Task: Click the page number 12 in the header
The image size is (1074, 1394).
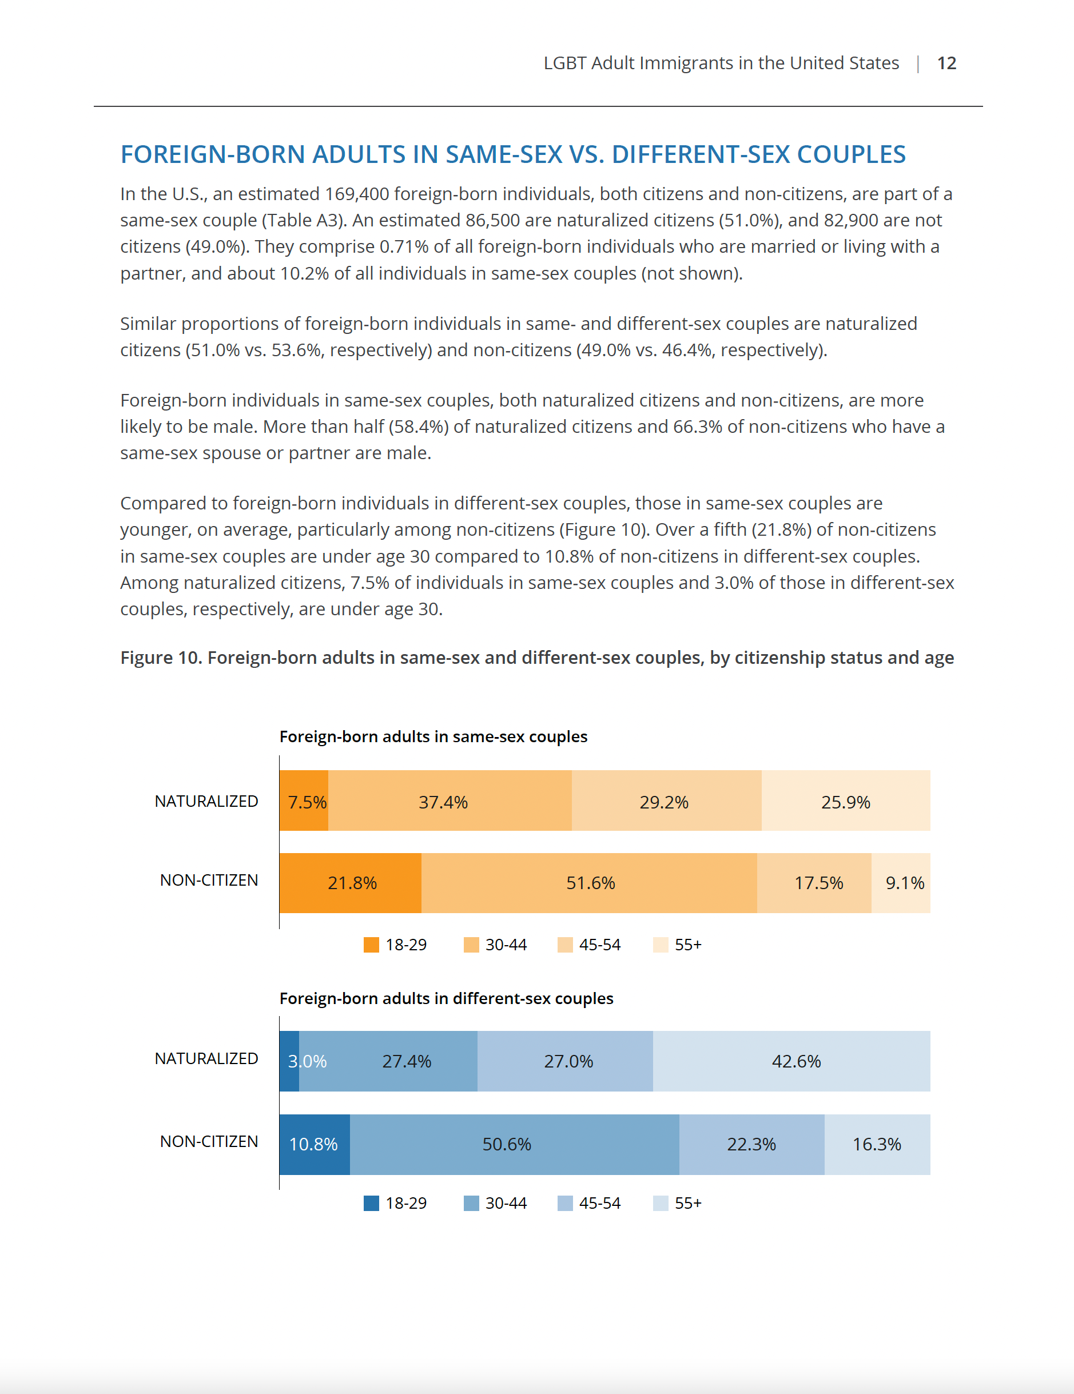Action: point(946,63)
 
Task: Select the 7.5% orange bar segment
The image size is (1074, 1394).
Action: point(304,801)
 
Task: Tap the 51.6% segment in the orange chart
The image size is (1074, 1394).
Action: point(590,883)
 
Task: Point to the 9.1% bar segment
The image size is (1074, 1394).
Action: point(901,883)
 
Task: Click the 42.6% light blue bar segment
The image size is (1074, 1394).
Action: point(791,1061)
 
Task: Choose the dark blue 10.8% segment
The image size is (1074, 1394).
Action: point(314,1144)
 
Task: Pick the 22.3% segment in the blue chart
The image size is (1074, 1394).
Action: point(751,1144)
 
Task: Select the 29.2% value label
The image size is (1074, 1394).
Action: point(664,802)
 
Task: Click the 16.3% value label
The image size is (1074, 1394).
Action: point(877,1144)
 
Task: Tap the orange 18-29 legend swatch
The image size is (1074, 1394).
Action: point(371,945)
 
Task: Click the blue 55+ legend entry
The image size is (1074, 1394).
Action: point(678,1203)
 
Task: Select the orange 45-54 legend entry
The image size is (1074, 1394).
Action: point(588,945)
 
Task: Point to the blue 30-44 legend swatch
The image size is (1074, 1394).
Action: point(471,1203)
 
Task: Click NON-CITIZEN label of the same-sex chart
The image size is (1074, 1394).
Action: point(209,880)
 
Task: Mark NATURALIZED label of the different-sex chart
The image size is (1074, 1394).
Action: point(206,1058)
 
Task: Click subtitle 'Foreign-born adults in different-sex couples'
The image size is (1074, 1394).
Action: point(446,998)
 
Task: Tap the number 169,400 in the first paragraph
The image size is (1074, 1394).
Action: point(357,194)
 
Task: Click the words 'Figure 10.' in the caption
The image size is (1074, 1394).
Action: point(161,658)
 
